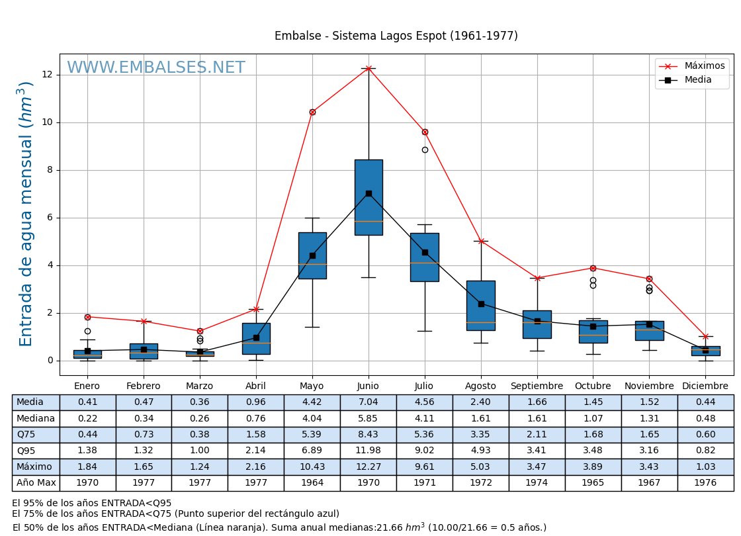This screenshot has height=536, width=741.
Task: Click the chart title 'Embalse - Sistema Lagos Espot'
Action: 396,36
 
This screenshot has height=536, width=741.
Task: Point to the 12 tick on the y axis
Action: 47,75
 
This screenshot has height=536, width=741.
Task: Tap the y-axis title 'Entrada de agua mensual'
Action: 26,214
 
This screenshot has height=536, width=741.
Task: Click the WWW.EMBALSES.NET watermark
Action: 156,68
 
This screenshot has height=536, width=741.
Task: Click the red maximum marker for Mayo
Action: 312,112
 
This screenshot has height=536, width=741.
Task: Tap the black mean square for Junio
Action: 369,193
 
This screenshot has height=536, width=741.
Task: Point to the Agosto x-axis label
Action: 480,386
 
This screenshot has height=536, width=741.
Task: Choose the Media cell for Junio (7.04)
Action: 368,402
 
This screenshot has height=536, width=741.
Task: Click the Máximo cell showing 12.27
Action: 368,467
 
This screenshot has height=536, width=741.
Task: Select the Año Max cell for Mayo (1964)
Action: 312,483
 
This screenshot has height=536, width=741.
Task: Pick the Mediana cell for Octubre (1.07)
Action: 593,418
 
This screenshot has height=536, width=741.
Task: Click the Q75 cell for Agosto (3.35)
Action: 480,435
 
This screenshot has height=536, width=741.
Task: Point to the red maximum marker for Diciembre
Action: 705,336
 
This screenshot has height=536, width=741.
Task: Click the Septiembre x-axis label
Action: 537,386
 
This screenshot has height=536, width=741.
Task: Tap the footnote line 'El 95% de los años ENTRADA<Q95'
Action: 92,504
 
